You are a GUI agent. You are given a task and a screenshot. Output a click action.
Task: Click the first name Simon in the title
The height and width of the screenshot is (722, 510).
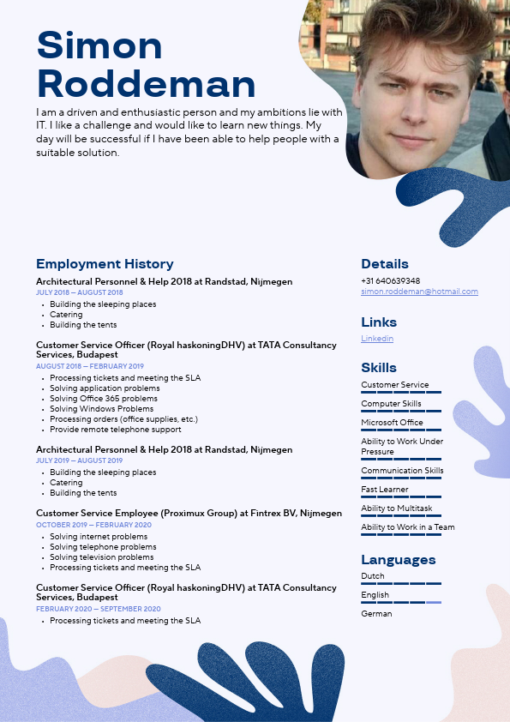[99, 45]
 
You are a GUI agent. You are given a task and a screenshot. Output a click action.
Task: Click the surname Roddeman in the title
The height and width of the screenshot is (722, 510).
[147, 84]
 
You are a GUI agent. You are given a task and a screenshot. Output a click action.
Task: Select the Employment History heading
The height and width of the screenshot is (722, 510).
[105, 264]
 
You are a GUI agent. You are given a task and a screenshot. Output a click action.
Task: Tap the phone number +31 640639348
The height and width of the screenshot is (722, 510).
[390, 280]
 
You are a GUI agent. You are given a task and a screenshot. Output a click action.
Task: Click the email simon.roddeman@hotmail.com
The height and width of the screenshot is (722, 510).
[419, 292]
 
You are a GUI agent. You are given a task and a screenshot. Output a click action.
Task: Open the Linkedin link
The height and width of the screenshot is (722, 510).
[377, 339]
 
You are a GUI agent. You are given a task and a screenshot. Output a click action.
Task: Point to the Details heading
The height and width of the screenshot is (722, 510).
[385, 264]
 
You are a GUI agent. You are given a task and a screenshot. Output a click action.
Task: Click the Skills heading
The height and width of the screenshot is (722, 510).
[379, 368]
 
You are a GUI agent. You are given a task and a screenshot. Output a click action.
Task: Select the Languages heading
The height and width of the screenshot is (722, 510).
[399, 560]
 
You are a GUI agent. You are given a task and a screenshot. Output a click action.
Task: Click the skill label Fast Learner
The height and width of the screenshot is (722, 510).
[385, 490]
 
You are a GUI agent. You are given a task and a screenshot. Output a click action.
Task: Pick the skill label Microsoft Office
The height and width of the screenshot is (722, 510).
[392, 423]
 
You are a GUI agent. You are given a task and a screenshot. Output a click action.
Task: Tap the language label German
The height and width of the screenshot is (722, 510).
[376, 614]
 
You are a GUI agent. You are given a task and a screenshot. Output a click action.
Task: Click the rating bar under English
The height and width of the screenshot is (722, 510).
[401, 603]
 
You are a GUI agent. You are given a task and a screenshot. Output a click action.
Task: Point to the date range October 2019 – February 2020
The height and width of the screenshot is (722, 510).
[93, 525]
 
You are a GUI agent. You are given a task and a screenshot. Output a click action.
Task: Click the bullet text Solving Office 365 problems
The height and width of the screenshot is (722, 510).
[104, 399]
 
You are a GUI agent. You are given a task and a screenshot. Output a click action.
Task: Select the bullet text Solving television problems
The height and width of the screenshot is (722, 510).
[102, 557]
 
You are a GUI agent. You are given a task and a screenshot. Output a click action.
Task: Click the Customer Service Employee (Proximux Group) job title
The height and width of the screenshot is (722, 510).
[189, 514]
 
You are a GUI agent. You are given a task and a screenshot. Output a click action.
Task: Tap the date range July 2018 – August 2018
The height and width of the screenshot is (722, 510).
[80, 292]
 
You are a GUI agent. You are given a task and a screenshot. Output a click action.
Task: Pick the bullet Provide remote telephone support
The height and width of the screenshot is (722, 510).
[116, 430]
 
